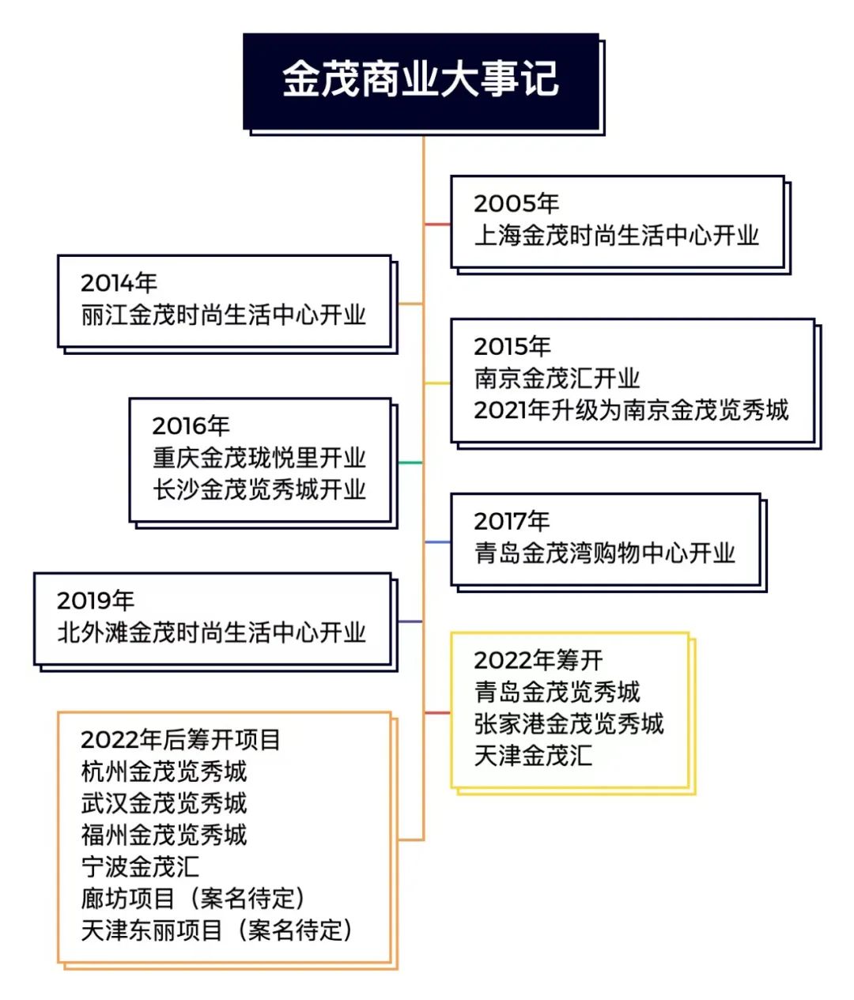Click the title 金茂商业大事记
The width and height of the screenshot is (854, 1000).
click(420, 79)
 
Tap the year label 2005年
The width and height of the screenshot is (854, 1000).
click(516, 203)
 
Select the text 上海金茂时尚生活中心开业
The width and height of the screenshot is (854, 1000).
click(616, 236)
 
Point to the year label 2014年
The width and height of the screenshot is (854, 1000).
click(119, 282)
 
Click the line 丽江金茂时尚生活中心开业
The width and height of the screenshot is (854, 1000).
click(223, 315)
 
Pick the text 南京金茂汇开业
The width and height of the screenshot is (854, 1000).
click(557, 379)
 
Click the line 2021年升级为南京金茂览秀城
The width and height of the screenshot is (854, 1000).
click(631, 410)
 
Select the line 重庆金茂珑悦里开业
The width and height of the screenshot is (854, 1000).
click(259, 458)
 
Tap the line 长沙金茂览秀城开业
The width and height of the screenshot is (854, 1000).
click(259, 489)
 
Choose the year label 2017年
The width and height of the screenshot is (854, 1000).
click(512, 521)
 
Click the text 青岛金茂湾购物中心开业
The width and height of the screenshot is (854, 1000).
click(604, 553)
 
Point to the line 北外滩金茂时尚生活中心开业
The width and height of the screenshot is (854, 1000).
click(211, 632)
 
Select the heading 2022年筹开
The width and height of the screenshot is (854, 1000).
click(538, 660)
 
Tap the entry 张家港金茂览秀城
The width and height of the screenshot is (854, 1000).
click(569, 724)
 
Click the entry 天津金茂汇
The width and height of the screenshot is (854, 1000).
click(533, 756)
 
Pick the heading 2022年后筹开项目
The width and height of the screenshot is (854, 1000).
click(180, 740)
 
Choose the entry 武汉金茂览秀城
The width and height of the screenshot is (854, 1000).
click(164, 803)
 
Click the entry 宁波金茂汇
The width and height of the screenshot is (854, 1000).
click(140, 867)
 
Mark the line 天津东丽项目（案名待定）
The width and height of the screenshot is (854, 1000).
click(217, 930)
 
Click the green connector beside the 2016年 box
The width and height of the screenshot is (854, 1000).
click(410, 463)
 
